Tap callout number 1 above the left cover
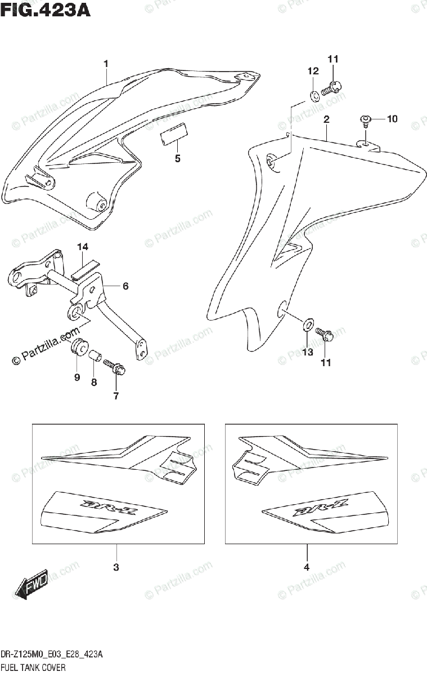click(x=105, y=64)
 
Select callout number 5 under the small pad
click(x=177, y=158)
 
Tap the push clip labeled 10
click(x=365, y=119)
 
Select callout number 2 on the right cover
click(x=326, y=119)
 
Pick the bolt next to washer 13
click(x=326, y=335)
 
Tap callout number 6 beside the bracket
click(x=125, y=286)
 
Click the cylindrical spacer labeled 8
click(x=95, y=355)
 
